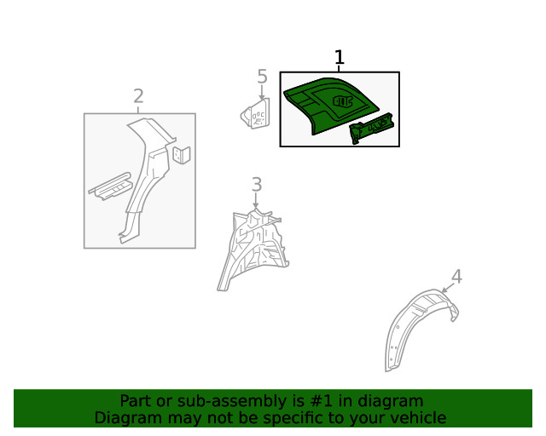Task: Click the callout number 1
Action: [x=340, y=57]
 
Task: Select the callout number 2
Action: [x=138, y=96]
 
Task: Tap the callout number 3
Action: [x=257, y=184]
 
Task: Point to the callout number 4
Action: [x=457, y=277]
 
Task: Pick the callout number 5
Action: [x=262, y=77]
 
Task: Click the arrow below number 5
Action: [x=262, y=93]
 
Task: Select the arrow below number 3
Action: [x=256, y=201]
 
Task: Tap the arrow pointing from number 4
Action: [x=448, y=288]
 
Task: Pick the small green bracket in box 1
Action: [x=371, y=127]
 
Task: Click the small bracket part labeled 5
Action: [x=255, y=113]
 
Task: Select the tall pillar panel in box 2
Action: [x=146, y=177]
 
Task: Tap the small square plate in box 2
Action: [x=182, y=155]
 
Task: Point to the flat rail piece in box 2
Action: [x=110, y=186]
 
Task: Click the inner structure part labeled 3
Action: [x=253, y=249]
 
